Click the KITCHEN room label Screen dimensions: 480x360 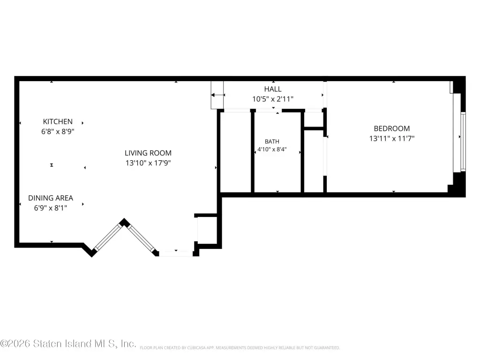[x=58, y=121]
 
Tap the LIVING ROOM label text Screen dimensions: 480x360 [x=148, y=153]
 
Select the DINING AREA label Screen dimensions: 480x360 [x=51, y=198]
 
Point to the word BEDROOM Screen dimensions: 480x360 [x=392, y=128]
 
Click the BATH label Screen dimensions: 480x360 [x=272, y=142]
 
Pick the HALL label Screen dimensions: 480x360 [x=273, y=89]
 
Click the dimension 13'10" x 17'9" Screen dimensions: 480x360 [x=148, y=163]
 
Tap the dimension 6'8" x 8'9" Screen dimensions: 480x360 [x=58, y=131]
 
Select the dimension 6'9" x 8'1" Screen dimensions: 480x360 [x=51, y=208]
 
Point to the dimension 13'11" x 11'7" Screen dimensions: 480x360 [x=392, y=138]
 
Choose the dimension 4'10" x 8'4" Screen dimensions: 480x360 [x=272, y=150]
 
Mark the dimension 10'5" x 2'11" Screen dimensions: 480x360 [x=273, y=99]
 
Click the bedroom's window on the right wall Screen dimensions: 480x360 [x=463, y=142]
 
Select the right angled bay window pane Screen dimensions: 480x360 [x=142, y=239]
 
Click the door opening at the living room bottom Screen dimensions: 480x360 [x=176, y=254]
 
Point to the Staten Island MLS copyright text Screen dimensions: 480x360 [x=68, y=344]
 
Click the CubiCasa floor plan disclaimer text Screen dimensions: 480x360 [x=240, y=348]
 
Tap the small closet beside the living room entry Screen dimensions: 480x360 [x=207, y=230]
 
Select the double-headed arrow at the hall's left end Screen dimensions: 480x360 [x=218, y=95]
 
